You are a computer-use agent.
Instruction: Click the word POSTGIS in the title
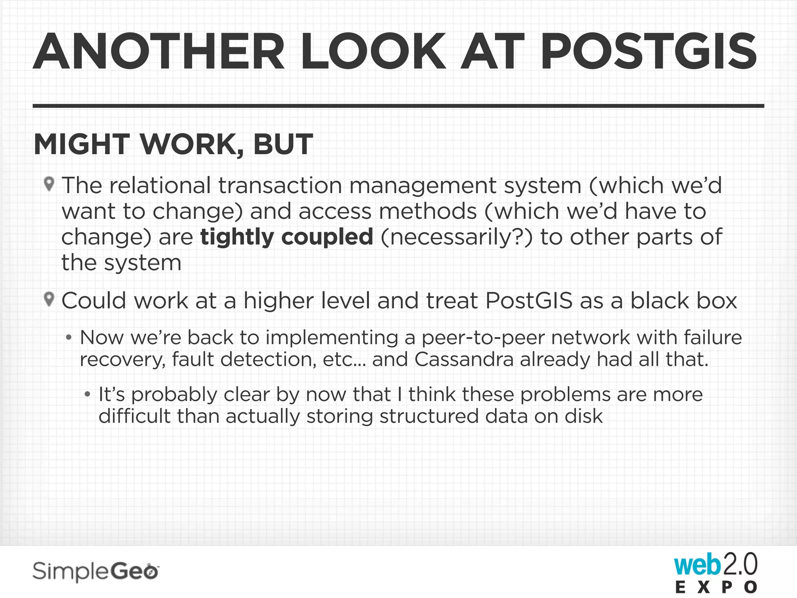(x=648, y=52)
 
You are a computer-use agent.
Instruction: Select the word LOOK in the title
(x=373, y=52)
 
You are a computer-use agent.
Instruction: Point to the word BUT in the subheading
(x=283, y=144)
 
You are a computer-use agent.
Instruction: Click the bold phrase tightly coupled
(x=287, y=237)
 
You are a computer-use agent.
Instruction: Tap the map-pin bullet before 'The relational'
(x=49, y=184)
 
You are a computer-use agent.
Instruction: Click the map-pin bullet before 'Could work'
(x=49, y=299)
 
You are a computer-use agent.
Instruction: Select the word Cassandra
(x=463, y=359)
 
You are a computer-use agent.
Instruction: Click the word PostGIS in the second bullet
(x=529, y=301)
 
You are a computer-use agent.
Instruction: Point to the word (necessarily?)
(x=456, y=237)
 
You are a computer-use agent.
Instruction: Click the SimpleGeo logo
(x=96, y=572)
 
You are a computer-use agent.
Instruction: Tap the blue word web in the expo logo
(x=697, y=566)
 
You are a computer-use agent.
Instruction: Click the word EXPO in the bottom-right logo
(x=716, y=587)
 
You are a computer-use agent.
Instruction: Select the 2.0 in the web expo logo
(x=740, y=565)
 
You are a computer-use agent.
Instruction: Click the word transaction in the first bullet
(x=280, y=185)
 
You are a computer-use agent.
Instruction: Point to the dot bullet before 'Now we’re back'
(x=69, y=338)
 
